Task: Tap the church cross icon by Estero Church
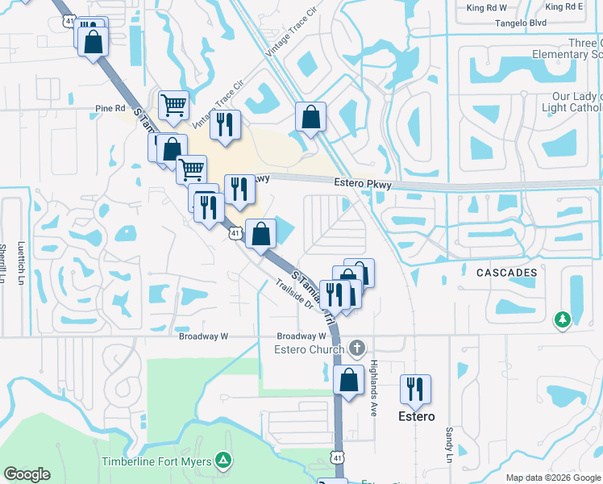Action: (x=357, y=348)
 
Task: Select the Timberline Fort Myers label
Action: (x=156, y=461)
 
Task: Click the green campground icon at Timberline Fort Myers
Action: (x=223, y=461)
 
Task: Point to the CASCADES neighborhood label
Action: (x=505, y=273)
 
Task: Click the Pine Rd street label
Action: (x=110, y=107)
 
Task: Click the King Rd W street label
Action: (x=486, y=7)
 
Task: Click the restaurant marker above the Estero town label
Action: (x=415, y=389)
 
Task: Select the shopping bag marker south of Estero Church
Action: (x=348, y=381)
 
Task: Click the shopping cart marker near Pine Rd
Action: (x=174, y=105)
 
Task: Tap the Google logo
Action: (x=27, y=474)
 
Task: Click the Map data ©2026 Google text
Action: (x=553, y=478)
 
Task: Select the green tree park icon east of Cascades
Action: (x=562, y=320)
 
